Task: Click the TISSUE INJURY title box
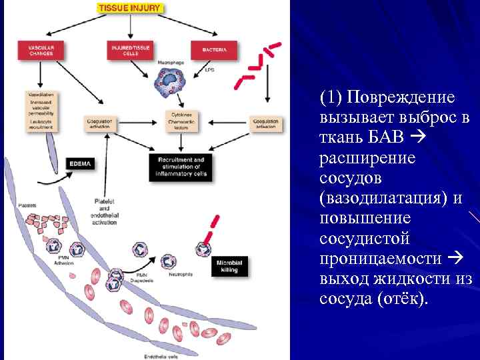click(129, 8)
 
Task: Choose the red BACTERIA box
click(213, 49)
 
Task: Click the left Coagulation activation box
click(100, 123)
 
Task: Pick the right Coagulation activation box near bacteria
click(266, 123)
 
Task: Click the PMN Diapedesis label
click(146, 277)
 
